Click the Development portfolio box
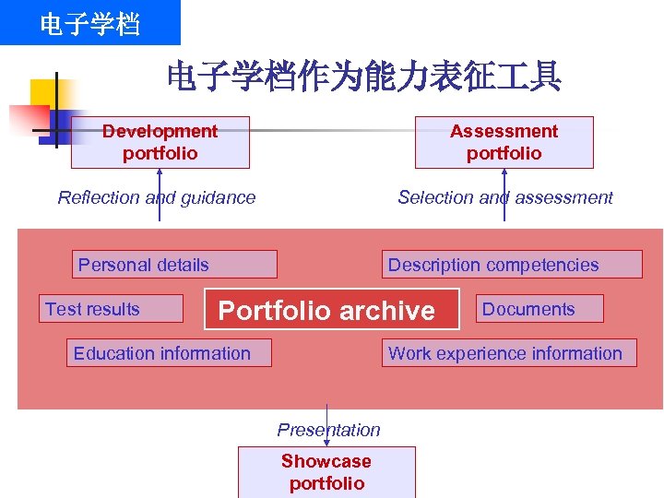coord(160,143)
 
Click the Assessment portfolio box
coord(504,143)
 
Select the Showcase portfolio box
coord(326,472)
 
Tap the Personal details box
coord(175,265)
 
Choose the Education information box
coord(169,353)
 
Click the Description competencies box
coord(512,265)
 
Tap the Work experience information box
coord(509,353)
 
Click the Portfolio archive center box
coord(331,310)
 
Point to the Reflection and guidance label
coord(157,197)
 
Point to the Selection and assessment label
coord(504,197)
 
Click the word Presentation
coord(328,430)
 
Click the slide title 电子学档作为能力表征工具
coord(363,77)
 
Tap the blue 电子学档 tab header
coord(89,23)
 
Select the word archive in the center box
coord(388,311)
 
